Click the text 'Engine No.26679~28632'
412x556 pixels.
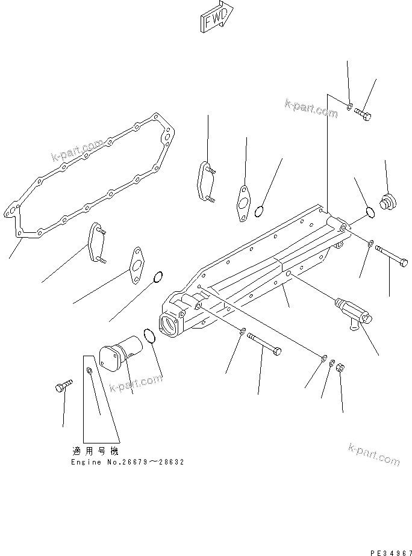tap(126, 462)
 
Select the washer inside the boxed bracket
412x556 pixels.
tap(89, 371)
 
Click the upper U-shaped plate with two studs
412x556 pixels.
tap(204, 178)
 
